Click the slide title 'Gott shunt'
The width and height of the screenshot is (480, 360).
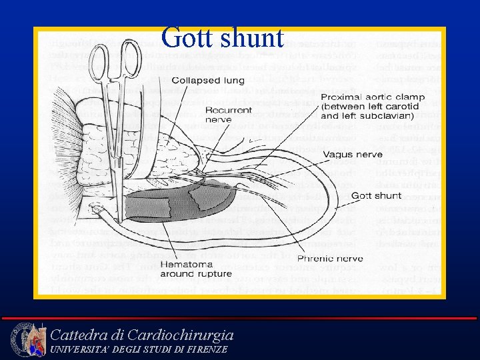pos(222,37)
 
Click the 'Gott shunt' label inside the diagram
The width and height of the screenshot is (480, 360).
pos(376,195)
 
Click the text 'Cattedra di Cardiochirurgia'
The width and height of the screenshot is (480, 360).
pos(142,334)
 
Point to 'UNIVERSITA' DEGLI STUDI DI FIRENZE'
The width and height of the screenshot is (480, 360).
pos(139,349)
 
